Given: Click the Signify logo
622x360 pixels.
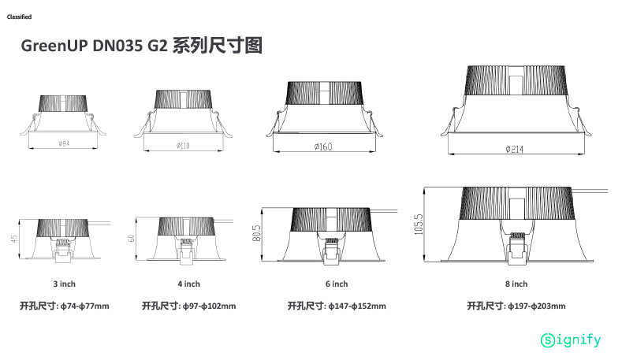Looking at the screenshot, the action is pyautogui.click(x=571, y=340).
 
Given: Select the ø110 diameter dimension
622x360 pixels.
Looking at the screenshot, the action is pyautogui.click(x=184, y=146).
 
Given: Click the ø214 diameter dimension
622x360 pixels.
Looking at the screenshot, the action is pyautogui.click(x=516, y=150).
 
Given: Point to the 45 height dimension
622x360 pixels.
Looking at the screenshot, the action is pyautogui.click(x=14, y=238).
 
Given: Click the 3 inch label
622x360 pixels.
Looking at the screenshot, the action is pyautogui.click(x=64, y=284).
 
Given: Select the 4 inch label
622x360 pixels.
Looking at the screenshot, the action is pyautogui.click(x=188, y=284).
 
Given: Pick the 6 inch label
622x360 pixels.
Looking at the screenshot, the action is pyautogui.click(x=337, y=284).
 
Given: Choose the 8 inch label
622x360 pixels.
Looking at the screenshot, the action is pyautogui.click(x=516, y=284).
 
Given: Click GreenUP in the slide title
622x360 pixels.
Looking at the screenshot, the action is pyautogui.click(x=55, y=46).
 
